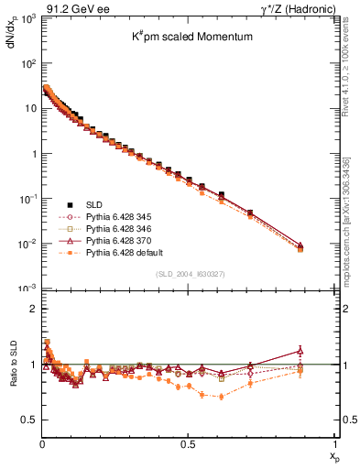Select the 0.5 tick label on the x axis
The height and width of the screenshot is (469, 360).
[x=188, y=444]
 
